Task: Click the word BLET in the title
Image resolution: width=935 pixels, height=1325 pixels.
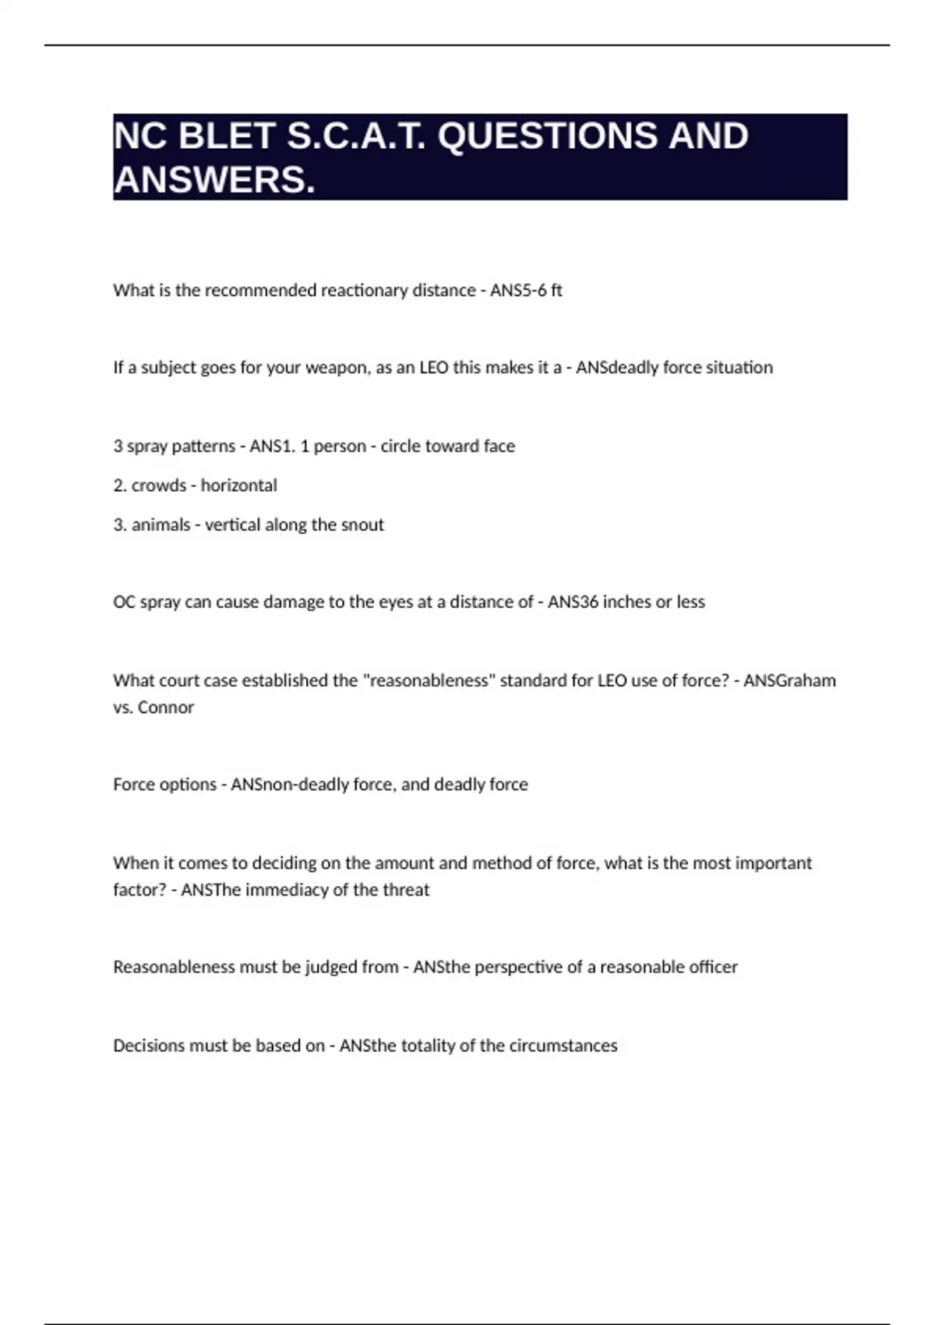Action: point(226,136)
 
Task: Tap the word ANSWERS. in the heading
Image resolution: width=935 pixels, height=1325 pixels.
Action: point(214,180)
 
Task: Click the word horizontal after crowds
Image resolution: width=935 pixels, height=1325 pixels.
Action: point(238,485)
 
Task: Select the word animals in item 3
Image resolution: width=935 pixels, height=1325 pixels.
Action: point(161,525)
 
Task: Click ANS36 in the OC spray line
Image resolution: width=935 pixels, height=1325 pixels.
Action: point(573,602)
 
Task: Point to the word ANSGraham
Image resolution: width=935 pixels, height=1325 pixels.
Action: point(789,680)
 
